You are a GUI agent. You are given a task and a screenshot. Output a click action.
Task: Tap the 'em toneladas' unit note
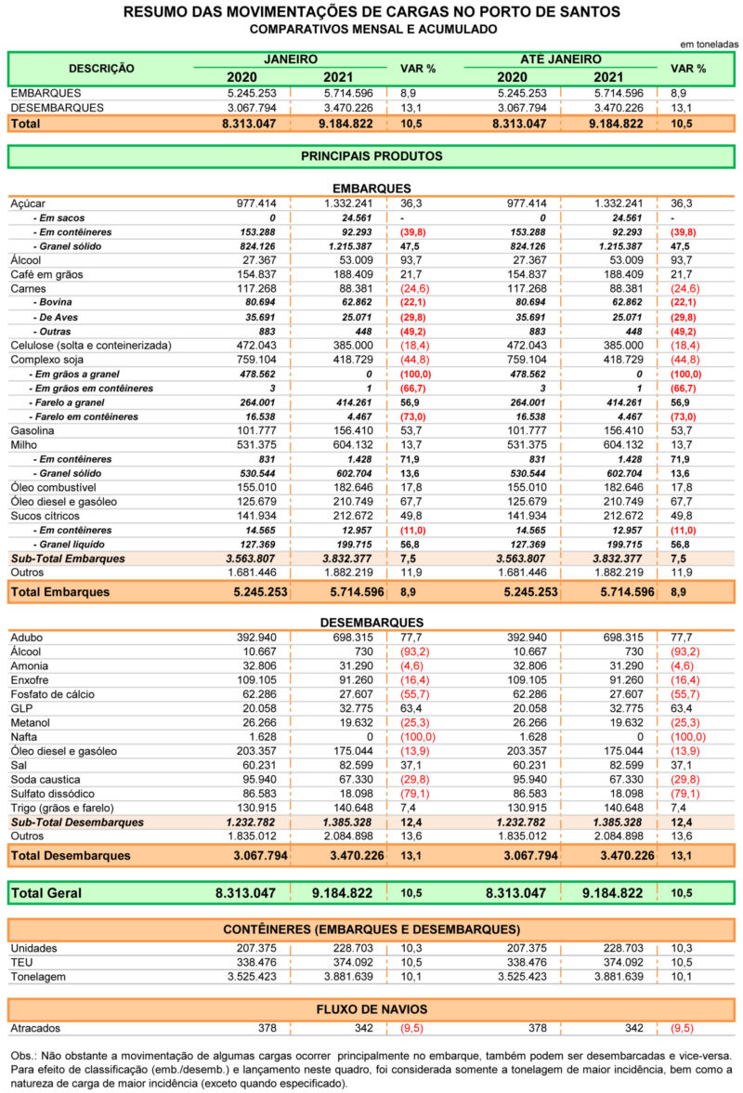(x=709, y=45)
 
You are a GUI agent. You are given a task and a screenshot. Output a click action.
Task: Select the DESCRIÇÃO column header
(x=101, y=69)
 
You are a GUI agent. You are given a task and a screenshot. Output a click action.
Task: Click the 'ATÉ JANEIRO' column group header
(x=561, y=59)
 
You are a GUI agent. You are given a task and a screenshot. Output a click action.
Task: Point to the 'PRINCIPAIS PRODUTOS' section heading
(x=371, y=156)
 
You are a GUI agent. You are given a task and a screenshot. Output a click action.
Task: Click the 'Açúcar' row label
(x=28, y=204)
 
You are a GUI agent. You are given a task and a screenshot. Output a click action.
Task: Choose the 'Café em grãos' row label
(x=46, y=275)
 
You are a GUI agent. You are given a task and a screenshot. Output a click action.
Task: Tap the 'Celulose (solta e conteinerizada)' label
(x=90, y=346)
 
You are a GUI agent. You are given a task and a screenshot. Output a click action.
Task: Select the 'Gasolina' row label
(x=32, y=431)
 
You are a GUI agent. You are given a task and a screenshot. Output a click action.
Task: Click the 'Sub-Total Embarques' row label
(x=68, y=559)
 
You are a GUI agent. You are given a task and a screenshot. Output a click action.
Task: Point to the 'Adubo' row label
(x=26, y=638)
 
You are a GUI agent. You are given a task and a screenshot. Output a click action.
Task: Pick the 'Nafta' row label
(x=23, y=737)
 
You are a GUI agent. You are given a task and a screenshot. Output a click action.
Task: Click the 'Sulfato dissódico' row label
(x=52, y=794)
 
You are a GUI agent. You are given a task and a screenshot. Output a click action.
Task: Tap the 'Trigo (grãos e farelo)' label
(x=62, y=808)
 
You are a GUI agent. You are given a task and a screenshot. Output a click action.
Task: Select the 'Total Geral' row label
(x=46, y=893)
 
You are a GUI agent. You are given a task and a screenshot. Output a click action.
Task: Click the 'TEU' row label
(x=21, y=963)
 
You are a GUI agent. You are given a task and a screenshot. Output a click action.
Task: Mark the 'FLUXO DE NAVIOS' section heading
(x=371, y=1009)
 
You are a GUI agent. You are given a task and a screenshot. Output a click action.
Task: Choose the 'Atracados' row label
(x=35, y=1028)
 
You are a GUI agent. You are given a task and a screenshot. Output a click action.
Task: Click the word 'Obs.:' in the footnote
(x=23, y=1056)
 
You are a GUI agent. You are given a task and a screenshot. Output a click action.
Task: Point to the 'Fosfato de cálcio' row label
(x=52, y=694)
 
